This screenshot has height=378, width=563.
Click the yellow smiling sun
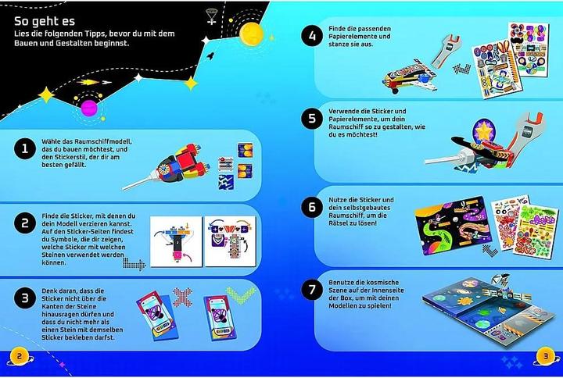point(249,34)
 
